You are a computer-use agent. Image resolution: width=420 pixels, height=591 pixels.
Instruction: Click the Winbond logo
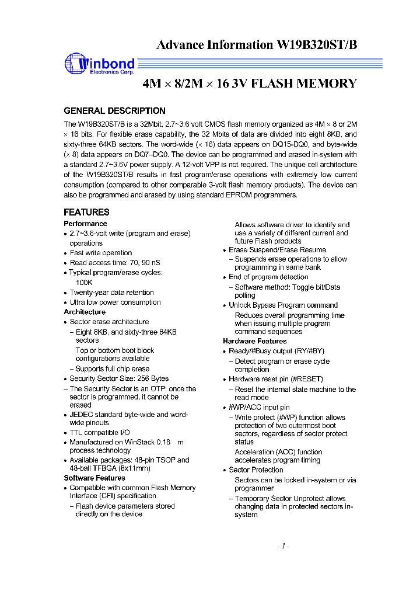99,64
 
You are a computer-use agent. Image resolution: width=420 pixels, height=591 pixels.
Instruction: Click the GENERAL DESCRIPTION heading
114,110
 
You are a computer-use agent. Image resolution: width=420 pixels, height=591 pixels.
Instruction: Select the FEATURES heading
86,212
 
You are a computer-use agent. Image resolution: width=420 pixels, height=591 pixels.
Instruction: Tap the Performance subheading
85,224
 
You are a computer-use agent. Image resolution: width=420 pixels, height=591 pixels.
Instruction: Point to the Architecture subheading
85,312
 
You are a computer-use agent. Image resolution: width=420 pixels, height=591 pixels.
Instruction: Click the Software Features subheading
94,478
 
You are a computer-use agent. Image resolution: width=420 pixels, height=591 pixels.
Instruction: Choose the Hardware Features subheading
254,341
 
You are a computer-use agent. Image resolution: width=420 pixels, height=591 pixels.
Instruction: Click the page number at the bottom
283,546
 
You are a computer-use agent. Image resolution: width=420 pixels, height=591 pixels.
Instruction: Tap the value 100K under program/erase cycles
84,282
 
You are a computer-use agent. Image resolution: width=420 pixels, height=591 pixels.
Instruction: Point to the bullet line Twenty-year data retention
111,293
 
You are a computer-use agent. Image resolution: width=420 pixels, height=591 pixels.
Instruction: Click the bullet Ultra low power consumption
115,303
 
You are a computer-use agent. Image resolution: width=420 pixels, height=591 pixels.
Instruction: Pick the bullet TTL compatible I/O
100,433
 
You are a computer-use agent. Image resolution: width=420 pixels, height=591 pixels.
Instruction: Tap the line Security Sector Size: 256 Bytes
119,378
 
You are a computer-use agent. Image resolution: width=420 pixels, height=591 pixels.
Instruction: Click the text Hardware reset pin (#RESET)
275,379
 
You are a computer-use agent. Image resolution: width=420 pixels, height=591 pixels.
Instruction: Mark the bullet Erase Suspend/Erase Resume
277,249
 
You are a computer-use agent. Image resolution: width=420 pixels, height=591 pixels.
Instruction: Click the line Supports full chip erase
113,368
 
